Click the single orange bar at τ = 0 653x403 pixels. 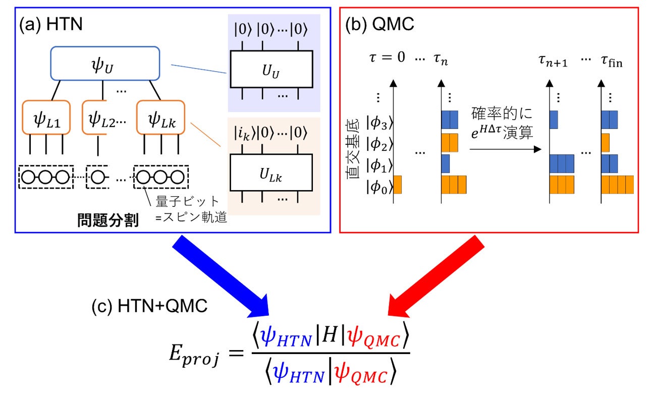pyautogui.click(x=397, y=185)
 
